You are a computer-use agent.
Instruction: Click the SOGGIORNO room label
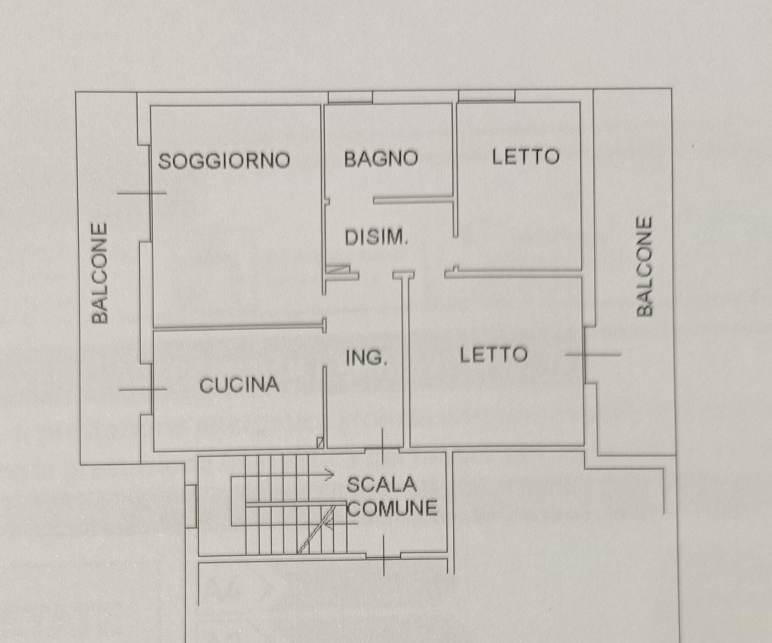224,161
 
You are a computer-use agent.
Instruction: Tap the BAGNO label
381,159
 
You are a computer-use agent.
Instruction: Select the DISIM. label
376,238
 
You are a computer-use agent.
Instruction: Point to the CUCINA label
239,385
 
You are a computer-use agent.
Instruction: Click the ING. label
366,358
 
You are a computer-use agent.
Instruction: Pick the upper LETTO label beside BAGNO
526,157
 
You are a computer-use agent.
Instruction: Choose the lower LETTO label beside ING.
493,355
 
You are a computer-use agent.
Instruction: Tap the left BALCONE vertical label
100,273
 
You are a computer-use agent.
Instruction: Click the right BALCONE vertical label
644,267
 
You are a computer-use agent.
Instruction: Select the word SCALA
381,485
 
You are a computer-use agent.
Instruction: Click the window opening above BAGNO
350,97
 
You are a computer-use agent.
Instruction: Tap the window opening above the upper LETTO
487,95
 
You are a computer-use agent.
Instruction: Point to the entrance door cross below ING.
383,448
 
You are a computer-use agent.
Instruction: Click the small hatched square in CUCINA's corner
320,443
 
